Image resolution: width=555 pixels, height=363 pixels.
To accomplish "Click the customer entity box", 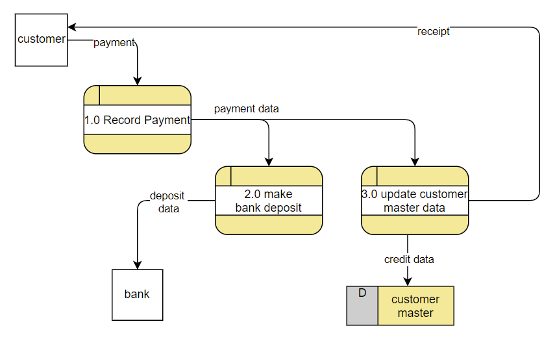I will [41, 40].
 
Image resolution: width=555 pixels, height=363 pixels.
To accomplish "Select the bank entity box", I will [137, 295].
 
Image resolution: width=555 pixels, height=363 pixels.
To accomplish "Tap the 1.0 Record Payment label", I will [137, 120].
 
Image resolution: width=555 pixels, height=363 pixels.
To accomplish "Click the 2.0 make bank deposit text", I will [268, 201].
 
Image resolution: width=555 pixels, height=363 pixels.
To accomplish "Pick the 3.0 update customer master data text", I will [415, 201].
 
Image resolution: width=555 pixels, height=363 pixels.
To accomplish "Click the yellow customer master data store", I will [415, 306].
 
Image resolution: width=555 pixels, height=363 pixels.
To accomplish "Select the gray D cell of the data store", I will [362, 306].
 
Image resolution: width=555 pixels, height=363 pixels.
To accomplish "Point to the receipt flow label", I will [434, 31].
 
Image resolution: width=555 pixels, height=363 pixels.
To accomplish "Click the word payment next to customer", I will [114, 43].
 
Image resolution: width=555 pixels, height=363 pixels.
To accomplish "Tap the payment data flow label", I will [247, 108].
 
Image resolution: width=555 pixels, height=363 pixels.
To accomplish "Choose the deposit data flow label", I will [167, 202].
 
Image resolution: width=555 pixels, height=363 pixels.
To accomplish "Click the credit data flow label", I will [409, 259].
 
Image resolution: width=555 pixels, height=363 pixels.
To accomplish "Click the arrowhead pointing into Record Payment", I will [137, 81].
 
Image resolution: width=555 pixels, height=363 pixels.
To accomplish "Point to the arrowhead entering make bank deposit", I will [269, 162].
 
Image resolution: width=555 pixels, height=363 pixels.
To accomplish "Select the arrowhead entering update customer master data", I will [415, 162].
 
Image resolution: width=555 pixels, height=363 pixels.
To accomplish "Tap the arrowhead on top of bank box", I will [137, 265].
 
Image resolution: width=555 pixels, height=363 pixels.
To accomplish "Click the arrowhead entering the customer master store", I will [408, 281].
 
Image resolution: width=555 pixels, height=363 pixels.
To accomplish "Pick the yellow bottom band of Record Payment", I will [137, 144].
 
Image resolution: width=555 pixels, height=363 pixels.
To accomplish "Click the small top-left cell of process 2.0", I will [223, 176].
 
